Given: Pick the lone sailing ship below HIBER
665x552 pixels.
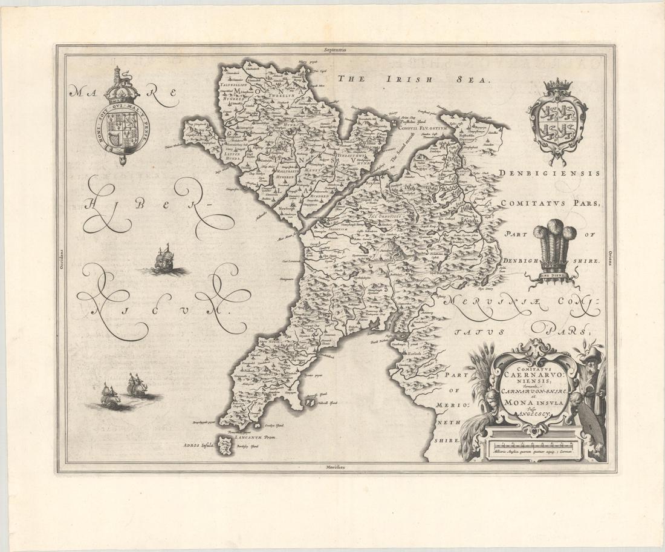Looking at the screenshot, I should [163, 260].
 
